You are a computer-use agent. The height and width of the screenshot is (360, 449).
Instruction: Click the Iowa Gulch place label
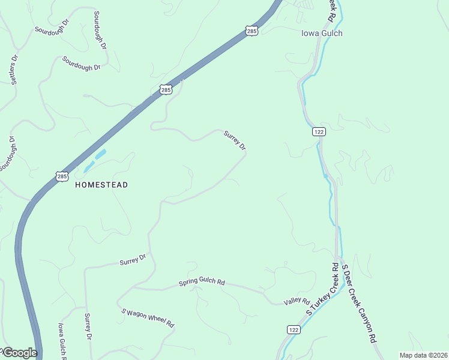pyautogui.click(x=322, y=34)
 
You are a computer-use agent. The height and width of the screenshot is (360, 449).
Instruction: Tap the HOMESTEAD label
pyautogui.click(x=101, y=185)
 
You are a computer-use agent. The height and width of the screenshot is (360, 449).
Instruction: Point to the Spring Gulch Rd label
pyautogui.click(x=202, y=282)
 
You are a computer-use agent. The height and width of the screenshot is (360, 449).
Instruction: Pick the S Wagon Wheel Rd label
pyautogui.click(x=148, y=317)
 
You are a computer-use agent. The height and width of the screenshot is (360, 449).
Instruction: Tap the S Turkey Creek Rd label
pyautogui.click(x=322, y=289)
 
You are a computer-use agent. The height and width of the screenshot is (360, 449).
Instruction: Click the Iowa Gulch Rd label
pyautogui.click(x=62, y=341)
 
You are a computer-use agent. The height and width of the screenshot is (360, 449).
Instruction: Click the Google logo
pyautogui.click(x=19, y=353)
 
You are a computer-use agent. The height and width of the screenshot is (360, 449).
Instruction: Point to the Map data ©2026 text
pyautogui.click(x=423, y=355)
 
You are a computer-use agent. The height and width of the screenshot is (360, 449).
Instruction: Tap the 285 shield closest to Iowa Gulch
pyautogui.click(x=252, y=31)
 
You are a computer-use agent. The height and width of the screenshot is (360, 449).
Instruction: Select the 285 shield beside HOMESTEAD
pyautogui.click(x=62, y=176)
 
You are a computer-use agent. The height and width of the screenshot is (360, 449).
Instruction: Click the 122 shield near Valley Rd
pyautogui.click(x=293, y=330)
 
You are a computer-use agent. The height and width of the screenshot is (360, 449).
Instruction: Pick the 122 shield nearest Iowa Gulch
pyautogui.click(x=319, y=132)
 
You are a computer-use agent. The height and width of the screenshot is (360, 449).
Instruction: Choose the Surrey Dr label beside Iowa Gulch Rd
pyautogui.click(x=88, y=326)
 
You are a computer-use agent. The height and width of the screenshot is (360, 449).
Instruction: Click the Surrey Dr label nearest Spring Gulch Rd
pyautogui.click(x=133, y=260)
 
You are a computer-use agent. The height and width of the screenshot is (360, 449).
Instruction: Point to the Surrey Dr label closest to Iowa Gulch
pyautogui.click(x=235, y=140)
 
